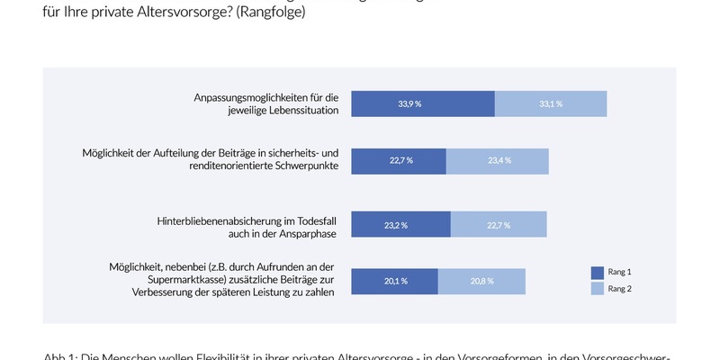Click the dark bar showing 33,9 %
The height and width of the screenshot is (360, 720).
coord(422,103)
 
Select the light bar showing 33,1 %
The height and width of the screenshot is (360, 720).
coord(551,103)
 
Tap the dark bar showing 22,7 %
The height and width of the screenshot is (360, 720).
coord(399,160)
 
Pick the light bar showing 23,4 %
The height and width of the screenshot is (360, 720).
coord(497,160)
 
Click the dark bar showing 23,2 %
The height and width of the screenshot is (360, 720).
coord(400,225)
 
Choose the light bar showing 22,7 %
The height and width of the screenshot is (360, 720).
coord(499,225)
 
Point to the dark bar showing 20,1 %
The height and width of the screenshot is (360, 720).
coord(394,281)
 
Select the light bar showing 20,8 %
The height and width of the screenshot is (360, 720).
coord(481,281)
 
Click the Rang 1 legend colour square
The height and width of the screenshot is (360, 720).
coord(597,272)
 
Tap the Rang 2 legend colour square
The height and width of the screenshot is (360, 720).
coord(597,288)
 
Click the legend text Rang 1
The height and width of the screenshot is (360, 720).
coord(620,272)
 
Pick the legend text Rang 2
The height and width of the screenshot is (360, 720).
coord(620,289)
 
